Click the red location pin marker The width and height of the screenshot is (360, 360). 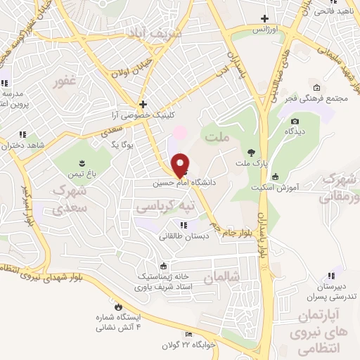[x=180, y=165]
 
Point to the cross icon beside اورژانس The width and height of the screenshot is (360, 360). [x=264, y=18]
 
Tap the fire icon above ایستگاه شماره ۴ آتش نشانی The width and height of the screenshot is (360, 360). [x=118, y=307]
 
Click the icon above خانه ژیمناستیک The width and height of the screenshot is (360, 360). [x=164, y=266]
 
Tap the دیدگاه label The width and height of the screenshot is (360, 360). [x=295, y=131]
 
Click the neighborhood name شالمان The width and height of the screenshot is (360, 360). [x=219, y=279]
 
